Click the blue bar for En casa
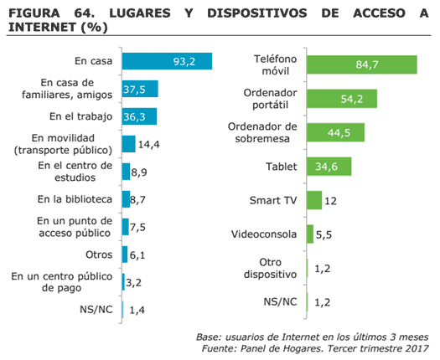point(167,61)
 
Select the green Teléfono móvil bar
point(362,64)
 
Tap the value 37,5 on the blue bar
point(134,90)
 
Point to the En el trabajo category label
point(80,116)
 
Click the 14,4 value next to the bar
point(148,144)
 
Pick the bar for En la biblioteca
point(126,199)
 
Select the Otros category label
point(99,255)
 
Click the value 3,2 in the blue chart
point(133,283)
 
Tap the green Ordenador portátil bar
point(342,99)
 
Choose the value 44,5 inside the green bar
point(339,132)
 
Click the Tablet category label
point(281,167)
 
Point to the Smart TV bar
point(314,200)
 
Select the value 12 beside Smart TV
point(330,201)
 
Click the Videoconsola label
point(264,234)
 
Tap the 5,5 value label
point(324,234)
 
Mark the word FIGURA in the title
point(34,13)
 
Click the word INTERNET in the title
point(43,27)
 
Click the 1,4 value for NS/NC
point(137,310)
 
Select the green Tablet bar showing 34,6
point(329,167)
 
